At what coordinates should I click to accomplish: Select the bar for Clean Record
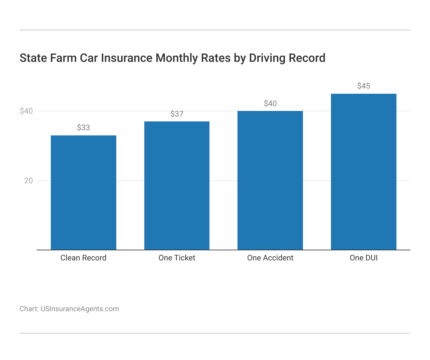coord(83,192)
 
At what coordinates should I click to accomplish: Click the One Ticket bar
coord(177,186)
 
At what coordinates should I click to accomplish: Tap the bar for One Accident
coord(270,180)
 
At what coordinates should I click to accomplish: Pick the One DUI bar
coord(364,172)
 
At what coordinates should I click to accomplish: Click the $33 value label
coord(83,128)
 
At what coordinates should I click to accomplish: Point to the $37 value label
coord(177,114)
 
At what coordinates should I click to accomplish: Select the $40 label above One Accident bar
coord(270,104)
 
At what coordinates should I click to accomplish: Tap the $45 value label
coord(364,86)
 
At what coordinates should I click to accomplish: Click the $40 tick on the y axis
coord(26,111)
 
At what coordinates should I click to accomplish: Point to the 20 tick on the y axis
coord(28,181)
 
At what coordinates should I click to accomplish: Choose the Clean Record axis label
coord(83,258)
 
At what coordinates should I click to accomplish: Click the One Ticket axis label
coord(177,258)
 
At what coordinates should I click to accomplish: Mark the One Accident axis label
coord(270,258)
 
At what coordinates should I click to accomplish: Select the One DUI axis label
coord(364,258)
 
